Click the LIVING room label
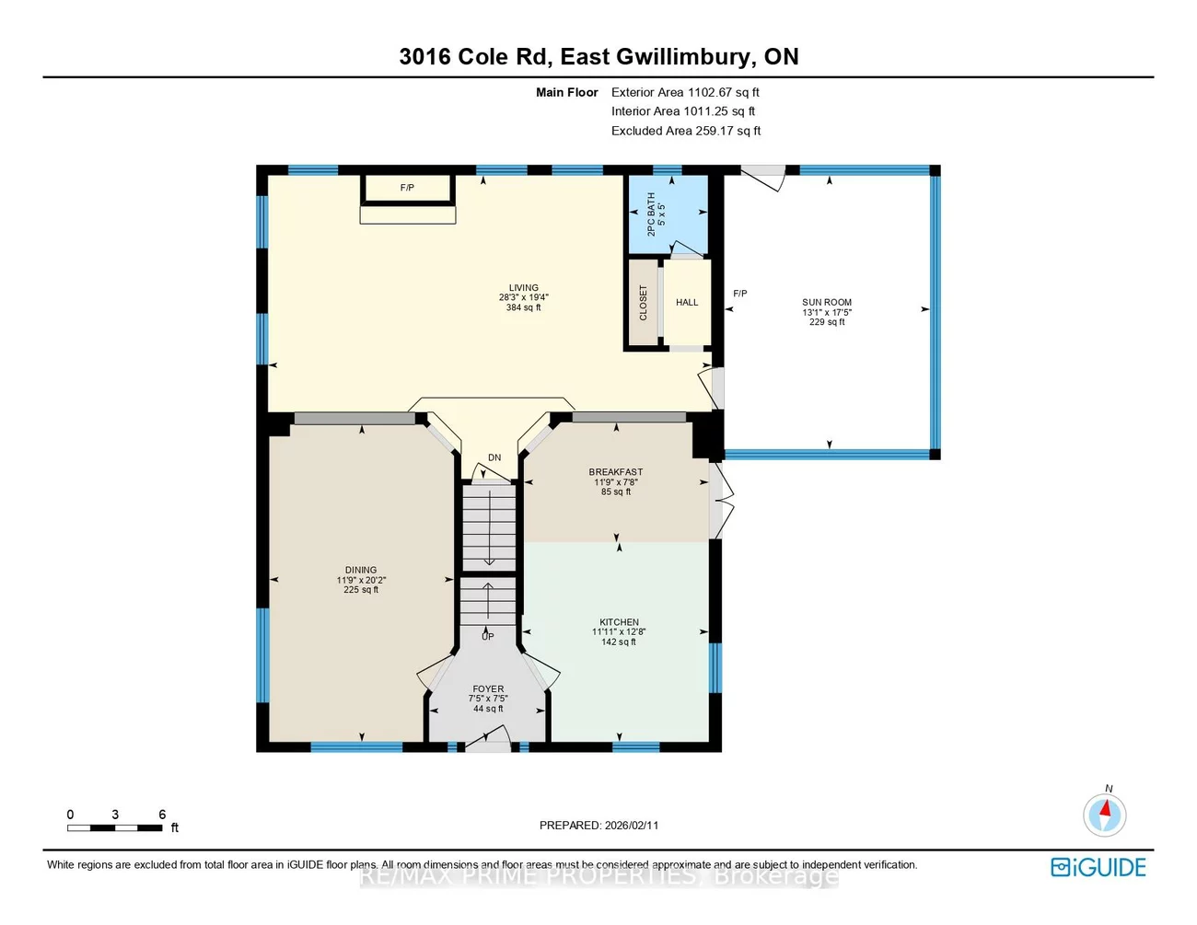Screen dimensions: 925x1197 pyautogui.click(x=523, y=288)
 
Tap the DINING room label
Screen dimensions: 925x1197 pyautogui.click(x=361, y=571)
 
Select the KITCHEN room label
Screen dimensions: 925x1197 pyautogui.click(x=619, y=623)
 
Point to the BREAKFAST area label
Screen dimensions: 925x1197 pyautogui.click(x=616, y=472)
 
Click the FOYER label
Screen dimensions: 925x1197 pyautogui.click(x=488, y=689)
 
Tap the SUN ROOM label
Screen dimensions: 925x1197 pyautogui.click(x=827, y=303)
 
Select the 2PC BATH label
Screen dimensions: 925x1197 pyautogui.click(x=652, y=214)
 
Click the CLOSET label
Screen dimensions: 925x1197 pyautogui.click(x=644, y=304)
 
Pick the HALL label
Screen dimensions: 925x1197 pyautogui.click(x=687, y=303)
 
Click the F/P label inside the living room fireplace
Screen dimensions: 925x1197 pyautogui.click(x=407, y=188)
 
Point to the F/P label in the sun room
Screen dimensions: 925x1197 pyautogui.click(x=740, y=294)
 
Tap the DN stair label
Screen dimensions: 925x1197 pyautogui.click(x=494, y=457)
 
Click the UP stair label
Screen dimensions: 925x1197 pyautogui.click(x=488, y=636)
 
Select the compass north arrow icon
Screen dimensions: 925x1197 pyautogui.click(x=1105, y=814)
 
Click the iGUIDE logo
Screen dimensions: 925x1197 pyautogui.click(x=1098, y=867)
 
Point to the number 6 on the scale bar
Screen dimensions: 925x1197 pyautogui.click(x=162, y=815)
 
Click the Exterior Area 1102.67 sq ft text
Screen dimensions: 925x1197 pyautogui.click(x=685, y=92)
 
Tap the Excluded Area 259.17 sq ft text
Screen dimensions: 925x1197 pyautogui.click(x=686, y=131)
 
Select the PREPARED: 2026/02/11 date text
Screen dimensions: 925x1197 pyautogui.click(x=598, y=826)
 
